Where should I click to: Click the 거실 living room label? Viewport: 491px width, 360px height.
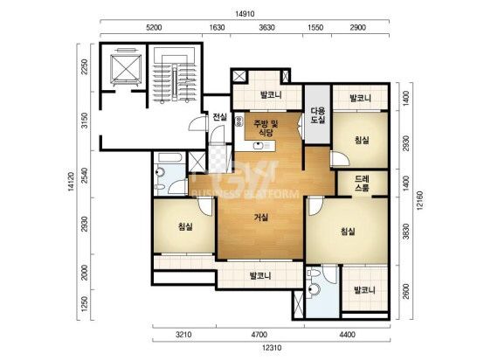[x=261, y=217]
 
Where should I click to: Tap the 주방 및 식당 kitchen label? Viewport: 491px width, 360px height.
[x=266, y=128]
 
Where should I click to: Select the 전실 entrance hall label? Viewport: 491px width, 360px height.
[x=219, y=117]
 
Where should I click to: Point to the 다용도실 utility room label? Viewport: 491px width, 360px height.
[x=318, y=115]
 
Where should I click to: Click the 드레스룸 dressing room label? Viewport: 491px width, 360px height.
[x=362, y=183]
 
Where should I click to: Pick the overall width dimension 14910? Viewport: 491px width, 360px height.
[x=245, y=14]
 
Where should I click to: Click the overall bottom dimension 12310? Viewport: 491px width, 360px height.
[x=272, y=348]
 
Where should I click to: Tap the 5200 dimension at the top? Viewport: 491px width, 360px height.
[x=154, y=28]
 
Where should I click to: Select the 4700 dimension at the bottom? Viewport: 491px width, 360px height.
[x=259, y=335]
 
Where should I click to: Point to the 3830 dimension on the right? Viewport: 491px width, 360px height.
[x=406, y=232]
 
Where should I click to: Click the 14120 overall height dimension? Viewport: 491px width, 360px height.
[x=71, y=182]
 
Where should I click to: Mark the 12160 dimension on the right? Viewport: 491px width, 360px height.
[x=420, y=200]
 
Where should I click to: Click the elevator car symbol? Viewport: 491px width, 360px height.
[x=126, y=69]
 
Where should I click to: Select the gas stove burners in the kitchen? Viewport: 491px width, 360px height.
[x=239, y=121]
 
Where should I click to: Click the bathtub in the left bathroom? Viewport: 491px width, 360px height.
[x=170, y=157]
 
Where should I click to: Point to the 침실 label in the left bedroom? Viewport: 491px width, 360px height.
[x=185, y=226]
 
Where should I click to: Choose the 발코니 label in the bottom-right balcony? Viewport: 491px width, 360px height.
[x=364, y=290]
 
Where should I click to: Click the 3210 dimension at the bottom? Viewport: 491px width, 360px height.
[x=183, y=335]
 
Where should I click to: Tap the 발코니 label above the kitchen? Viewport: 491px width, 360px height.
[x=271, y=94]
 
